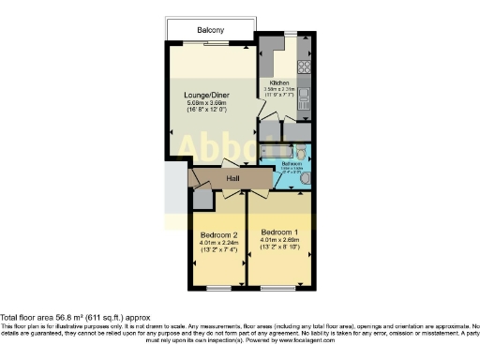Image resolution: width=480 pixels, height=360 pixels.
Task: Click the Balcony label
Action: click(210, 30)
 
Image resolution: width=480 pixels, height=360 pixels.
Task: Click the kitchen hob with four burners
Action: click(303, 67)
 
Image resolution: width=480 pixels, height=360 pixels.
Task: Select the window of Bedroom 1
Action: click(280, 287)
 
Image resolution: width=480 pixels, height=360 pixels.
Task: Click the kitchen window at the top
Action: click(291, 34)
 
